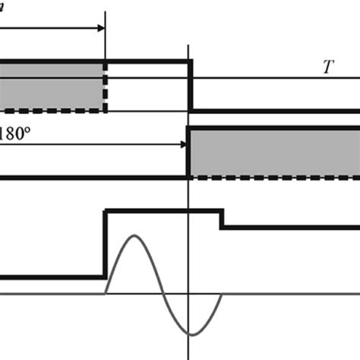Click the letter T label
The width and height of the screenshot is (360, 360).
[x=327, y=66]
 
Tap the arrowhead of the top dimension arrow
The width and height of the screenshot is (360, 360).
[x=101, y=29]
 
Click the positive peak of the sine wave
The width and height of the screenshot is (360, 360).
[x=134, y=238]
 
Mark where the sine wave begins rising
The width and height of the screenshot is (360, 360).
[x=106, y=292]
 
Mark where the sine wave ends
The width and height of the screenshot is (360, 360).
[x=221, y=292]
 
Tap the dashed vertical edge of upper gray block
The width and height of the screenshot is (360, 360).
[x=105, y=87]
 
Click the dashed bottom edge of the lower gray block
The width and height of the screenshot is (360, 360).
[x=273, y=177]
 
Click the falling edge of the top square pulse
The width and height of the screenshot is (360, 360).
[x=189, y=86]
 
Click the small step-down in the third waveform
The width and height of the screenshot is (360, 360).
[x=221, y=219]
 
